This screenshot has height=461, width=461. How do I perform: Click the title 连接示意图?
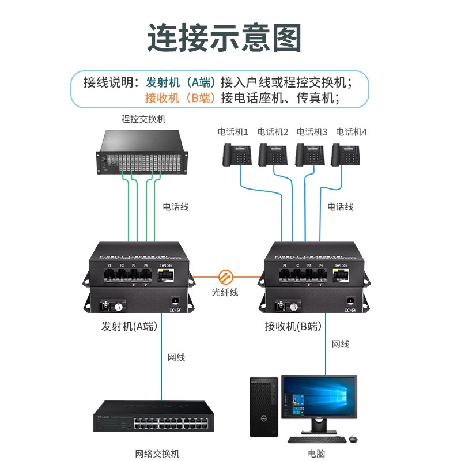[225, 37]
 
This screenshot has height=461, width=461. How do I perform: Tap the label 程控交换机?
[143, 119]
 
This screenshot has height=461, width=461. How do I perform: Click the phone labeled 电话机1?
[239, 154]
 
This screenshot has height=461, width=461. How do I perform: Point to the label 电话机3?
[312, 132]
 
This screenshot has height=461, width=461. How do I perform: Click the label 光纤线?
[225, 293]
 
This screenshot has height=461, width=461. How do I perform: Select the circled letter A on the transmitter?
[118, 306]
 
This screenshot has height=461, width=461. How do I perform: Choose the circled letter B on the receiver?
[293, 306]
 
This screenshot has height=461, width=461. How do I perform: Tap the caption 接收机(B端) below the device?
[292, 326]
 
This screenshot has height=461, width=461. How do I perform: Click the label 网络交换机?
[153, 454]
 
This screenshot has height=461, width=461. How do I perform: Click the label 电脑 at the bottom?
[316, 454]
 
